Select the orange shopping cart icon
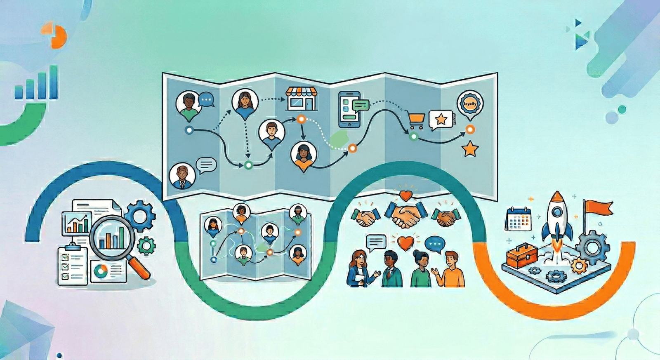click(x=415, y=120)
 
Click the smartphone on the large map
click(x=349, y=110)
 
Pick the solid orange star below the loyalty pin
click(x=470, y=149)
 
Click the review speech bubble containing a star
click(x=441, y=120)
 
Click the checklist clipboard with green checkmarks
click(x=72, y=266)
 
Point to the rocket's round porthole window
click(x=557, y=212)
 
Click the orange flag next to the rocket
click(x=598, y=207)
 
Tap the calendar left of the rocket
click(x=518, y=219)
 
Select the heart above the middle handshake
click(x=406, y=195)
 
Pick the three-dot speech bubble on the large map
click(x=206, y=100)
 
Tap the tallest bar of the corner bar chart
click(x=54, y=82)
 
